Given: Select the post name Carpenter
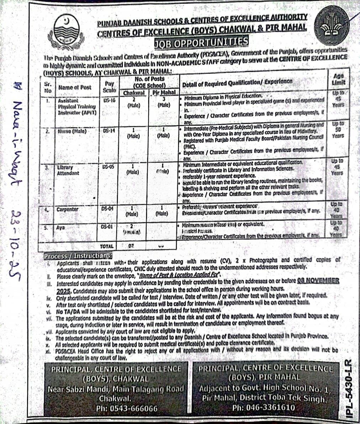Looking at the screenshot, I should tap(68, 209).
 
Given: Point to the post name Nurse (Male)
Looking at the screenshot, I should tap(72, 131).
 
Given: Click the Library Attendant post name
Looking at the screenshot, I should tap(69, 170).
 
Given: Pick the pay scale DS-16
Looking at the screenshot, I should tap(110, 101).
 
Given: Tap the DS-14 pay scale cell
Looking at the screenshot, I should tap(109, 131).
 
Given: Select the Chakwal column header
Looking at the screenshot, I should tap(134, 93).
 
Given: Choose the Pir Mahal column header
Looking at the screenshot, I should tap(164, 93).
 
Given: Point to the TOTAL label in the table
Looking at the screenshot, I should tap(107, 246).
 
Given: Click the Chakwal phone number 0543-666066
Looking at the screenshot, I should tap(127, 408).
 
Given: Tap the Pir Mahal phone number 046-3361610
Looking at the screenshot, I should tap(263, 408).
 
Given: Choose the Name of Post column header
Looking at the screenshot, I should tap(75, 87).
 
